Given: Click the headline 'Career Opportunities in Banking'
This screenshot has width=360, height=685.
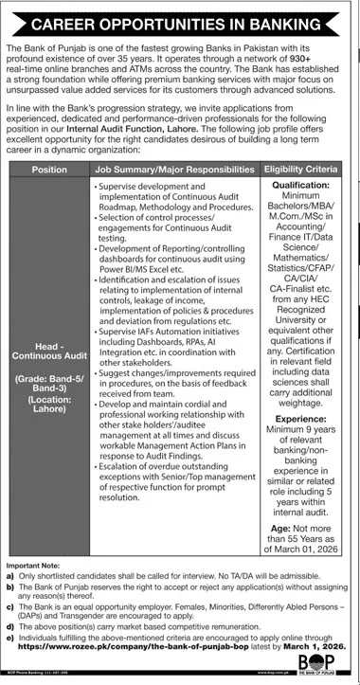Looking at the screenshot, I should pyautogui.click(x=179, y=19).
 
